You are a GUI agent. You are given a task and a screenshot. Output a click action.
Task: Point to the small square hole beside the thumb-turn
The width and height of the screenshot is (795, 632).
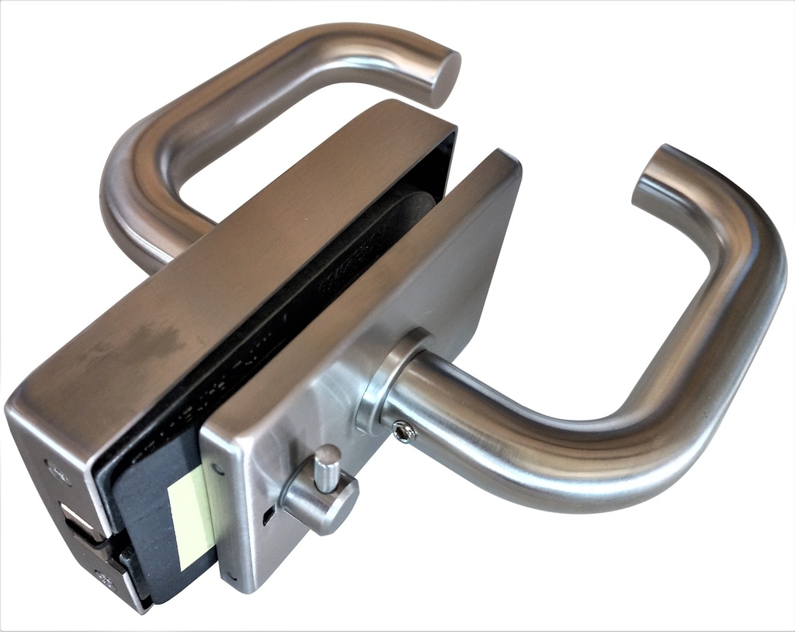[268, 514]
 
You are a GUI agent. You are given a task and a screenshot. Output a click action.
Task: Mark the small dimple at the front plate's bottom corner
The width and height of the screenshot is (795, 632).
[231, 578]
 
